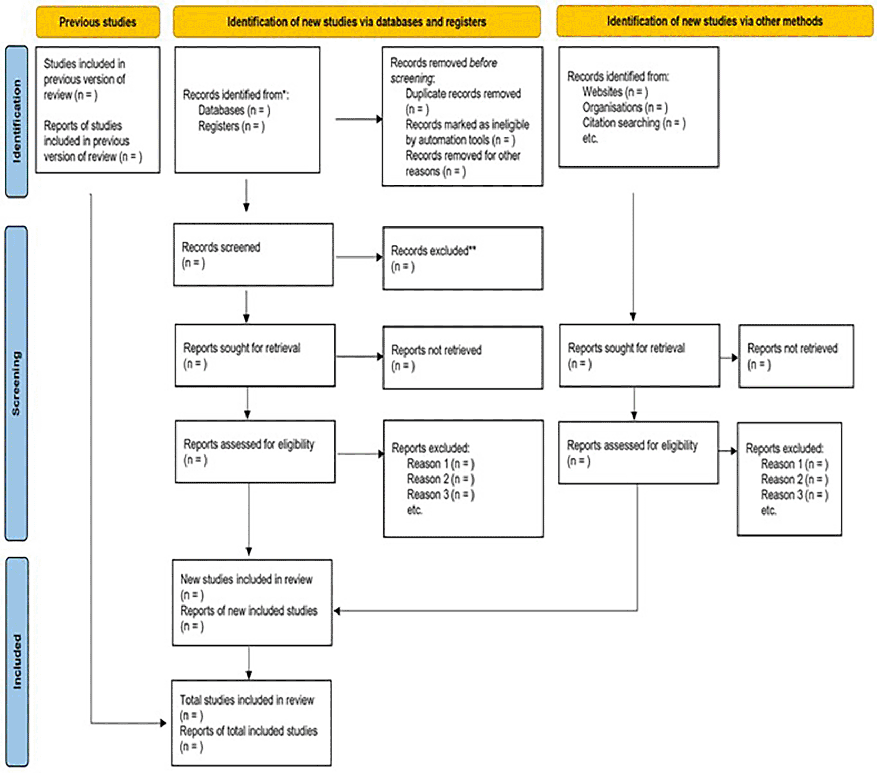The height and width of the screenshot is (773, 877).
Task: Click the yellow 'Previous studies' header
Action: point(97,22)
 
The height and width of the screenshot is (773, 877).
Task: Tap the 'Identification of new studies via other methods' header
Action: point(714,21)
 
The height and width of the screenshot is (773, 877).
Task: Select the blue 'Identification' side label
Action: point(16,121)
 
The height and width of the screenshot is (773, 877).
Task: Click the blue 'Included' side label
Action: point(17,661)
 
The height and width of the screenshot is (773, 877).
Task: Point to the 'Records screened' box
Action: point(253,255)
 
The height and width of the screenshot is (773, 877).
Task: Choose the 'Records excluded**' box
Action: point(462,258)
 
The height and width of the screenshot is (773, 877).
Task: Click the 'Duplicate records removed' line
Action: point(462,94)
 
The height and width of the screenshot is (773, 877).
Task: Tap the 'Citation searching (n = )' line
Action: point(633,123)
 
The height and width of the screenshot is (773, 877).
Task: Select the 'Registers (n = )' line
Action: point(231,126)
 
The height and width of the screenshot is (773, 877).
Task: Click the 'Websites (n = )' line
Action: point(615,92)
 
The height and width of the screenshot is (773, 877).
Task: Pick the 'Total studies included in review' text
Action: point(247,700)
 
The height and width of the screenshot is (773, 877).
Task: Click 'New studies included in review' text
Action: point(246,579)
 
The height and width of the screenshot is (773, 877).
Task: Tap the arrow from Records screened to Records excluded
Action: point(358,257)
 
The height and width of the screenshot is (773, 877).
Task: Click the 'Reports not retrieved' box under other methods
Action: point(795,356)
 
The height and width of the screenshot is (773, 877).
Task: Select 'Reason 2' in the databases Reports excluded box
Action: point(440,479)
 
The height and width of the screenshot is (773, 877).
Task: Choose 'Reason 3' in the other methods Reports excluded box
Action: point(794,495)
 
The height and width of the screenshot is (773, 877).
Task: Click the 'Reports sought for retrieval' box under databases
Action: point(254,355)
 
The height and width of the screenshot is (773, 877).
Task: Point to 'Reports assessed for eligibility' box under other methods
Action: point(638,452)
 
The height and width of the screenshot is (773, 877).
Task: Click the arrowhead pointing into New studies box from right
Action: point(337,611)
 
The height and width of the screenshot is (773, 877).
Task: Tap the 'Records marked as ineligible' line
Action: point(467,125)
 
